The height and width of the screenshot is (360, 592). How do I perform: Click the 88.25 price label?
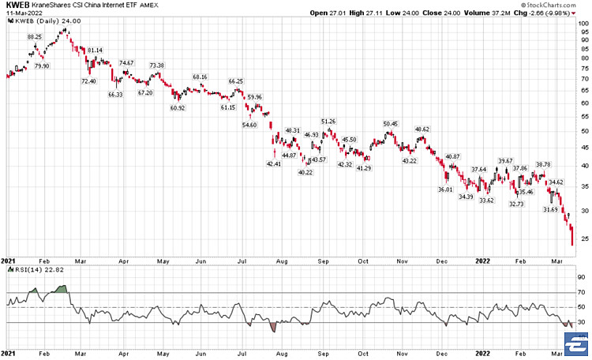click(35, 37)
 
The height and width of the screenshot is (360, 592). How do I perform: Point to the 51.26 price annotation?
click(328, 121)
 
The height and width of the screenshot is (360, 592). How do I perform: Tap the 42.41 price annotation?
click(274, 164)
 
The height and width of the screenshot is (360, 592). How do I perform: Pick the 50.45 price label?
click(390, 124)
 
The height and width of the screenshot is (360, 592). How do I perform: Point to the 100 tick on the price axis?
click(581, 23)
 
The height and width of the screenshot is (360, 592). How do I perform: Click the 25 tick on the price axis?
click(580, 238)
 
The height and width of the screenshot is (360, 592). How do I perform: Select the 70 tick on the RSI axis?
click(580, 293)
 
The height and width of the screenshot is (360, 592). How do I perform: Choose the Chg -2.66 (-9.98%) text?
click(556, 13)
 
